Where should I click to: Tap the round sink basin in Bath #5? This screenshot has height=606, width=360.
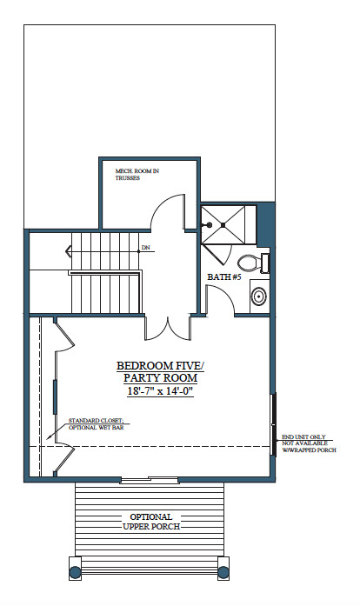pyautogui.click(x=258, y=296)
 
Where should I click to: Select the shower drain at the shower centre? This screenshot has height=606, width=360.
pyautogui.click(x=223, y=224)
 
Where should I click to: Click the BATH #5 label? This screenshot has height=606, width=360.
pyautogui.click(x=224, y=276)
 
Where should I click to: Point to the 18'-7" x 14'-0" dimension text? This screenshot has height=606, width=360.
pyautogui.click(x=160, y=390)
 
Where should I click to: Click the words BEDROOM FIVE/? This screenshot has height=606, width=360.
pyautogui.click(x=160, y=365)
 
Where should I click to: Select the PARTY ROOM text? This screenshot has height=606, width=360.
pyautogui.click(x=160, y=378)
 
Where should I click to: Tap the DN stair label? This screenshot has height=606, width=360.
pyautogui.click(x=146, y=247)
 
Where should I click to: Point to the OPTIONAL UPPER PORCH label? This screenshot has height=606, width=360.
pyautogui.click(x=151, y=522)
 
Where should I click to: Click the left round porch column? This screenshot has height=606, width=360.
pyautogui.click(x=75, y=571)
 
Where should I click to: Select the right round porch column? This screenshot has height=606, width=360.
pyautogui.click(x=223, y=571)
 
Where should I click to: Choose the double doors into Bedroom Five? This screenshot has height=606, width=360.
pyautogui.click(x=168, y=329)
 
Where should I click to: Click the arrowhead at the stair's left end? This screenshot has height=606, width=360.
pyautogui.click(x=68, y=251)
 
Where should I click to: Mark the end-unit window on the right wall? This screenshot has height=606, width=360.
pyautogui.click(x=274, y=424)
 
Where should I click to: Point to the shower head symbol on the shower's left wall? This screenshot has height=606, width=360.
pyautogui.click(x=209, y=224)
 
